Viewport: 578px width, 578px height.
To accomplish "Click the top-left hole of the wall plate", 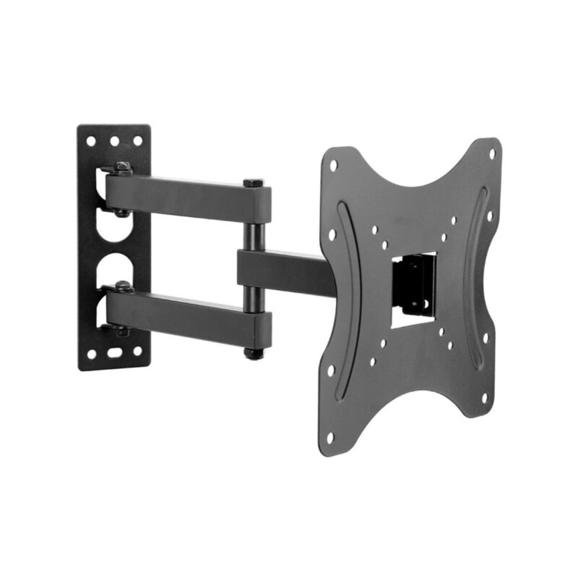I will click(92, 141).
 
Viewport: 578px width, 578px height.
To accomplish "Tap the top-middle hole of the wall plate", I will click(114, 141).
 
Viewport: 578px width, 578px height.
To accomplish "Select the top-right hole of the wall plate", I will click(137, 141).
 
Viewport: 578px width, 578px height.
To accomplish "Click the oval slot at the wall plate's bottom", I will click(114, 354).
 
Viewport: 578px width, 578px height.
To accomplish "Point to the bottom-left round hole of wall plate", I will click(92, 354).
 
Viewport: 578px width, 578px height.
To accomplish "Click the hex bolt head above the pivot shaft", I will click(253, 183).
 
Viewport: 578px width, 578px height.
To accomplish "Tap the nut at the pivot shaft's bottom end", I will click(253, 354).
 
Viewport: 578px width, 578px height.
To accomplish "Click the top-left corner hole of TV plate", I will click(333, 165).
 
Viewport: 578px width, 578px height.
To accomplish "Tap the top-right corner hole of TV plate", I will click(491, 154).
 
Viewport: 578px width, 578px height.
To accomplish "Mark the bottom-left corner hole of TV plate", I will click(329, 437).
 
